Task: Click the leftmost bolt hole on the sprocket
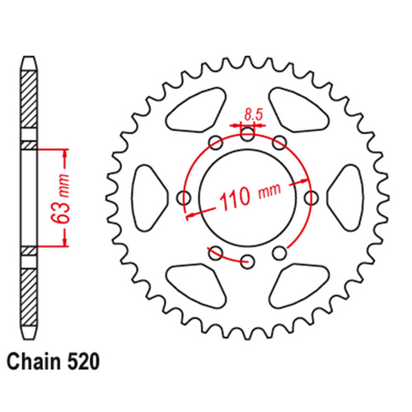point(183,197)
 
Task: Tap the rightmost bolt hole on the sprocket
point(311,197)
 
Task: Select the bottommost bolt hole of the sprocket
point(247,261)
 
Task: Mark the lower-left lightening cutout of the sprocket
point(196,285)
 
